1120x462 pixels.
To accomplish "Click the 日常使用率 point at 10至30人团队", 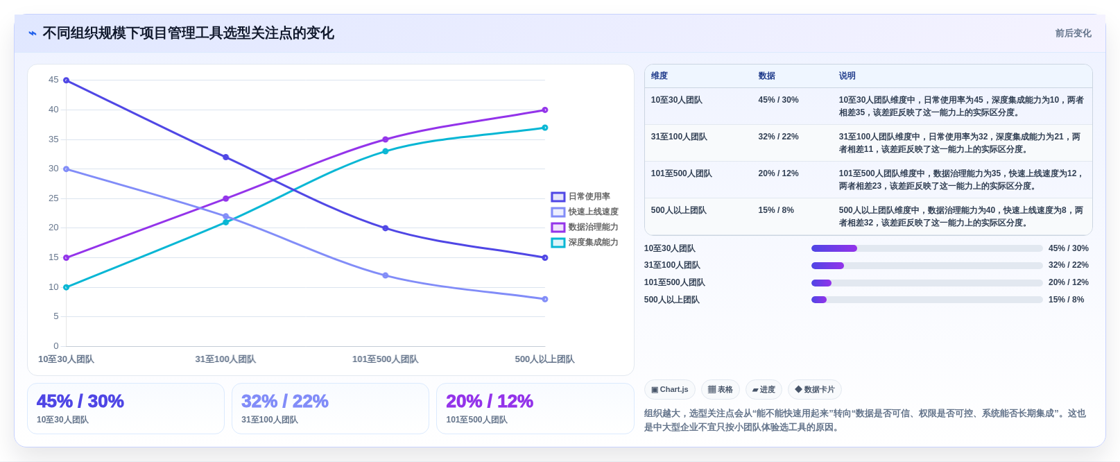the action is click(x=67, y=80).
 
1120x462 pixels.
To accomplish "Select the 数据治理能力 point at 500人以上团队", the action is click(x=545, y=110).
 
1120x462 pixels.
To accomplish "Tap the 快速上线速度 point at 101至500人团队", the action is click(x=386, y=275).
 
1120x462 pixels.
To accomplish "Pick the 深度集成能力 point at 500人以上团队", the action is click(x=545, y=128).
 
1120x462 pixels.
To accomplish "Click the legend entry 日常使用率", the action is click(x=580, y=196).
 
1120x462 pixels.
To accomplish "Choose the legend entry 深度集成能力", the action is click(x=585, y=243).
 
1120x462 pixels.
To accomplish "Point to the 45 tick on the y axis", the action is click(x=53, y=80).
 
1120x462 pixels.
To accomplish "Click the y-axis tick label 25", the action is click(x=53, y=198).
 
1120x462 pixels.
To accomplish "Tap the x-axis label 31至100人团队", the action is click(x=225, y=359).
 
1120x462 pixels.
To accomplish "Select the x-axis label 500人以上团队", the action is click(x=544, y=359).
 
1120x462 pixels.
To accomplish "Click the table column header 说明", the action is click(x=847, y=76).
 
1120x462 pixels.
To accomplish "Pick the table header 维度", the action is click(x=659, y=76).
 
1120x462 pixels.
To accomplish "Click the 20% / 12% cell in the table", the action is click(x=778, y=173).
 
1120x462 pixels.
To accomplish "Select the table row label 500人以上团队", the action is click(x=678, y=210).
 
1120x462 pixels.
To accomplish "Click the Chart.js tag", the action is click(x=669, y=389).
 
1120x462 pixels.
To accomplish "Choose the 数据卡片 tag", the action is click(x=814, y=389).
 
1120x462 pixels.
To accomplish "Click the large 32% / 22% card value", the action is click(x=284, y=401).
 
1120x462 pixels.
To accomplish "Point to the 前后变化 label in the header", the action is click(x=1073, y=33).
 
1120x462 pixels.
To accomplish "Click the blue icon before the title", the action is click(x=33, y=33).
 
